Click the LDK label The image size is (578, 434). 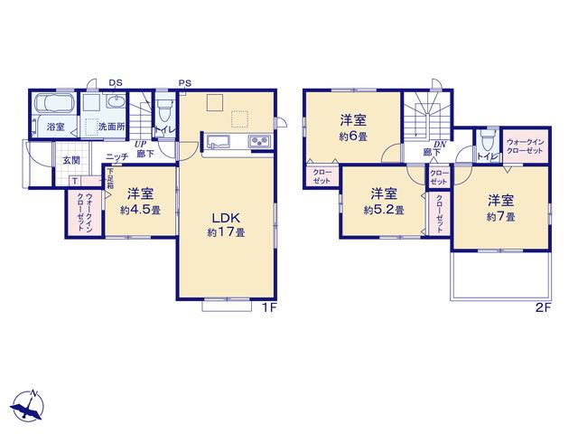(x=227, y=218)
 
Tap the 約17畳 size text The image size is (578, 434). (x=227, y=232)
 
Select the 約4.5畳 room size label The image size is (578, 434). (x=140, y=211)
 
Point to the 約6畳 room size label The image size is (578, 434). (x=353, y=137)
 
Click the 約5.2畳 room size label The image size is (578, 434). (x=384, y=210)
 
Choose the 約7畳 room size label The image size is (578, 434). (x=500, y=217)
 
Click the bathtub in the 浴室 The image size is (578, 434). (x=54, y=103)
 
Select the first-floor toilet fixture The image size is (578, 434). (x=163, y=110)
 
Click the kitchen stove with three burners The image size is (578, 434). (x=260, y=141)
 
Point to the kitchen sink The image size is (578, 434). (x=218, y=141)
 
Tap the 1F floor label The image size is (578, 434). (x=269, y=307)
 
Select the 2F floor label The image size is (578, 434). (x=543, y=307)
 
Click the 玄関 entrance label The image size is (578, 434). (x=71, y=160)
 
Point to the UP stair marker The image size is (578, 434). (x=141, y=145)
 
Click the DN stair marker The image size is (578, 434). (x=440, y=145)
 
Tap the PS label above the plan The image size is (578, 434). (x=185, y=83)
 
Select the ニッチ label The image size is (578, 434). (x=117, y=156)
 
